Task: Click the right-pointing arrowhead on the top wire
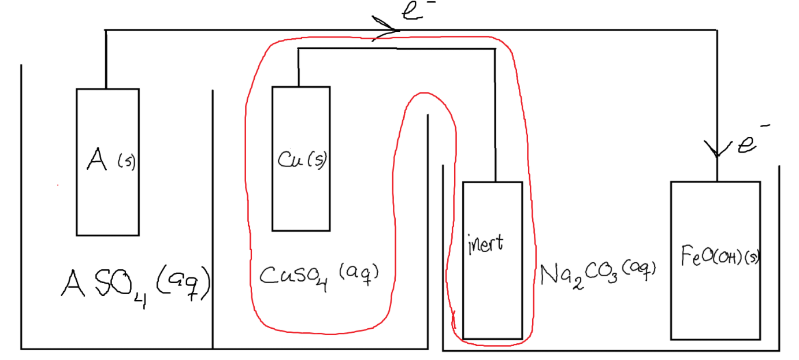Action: coord(389,29)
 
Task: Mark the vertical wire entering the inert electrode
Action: coord(495,116)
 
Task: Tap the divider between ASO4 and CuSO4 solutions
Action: coord(213,220)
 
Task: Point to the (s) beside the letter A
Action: coord(126,162)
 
